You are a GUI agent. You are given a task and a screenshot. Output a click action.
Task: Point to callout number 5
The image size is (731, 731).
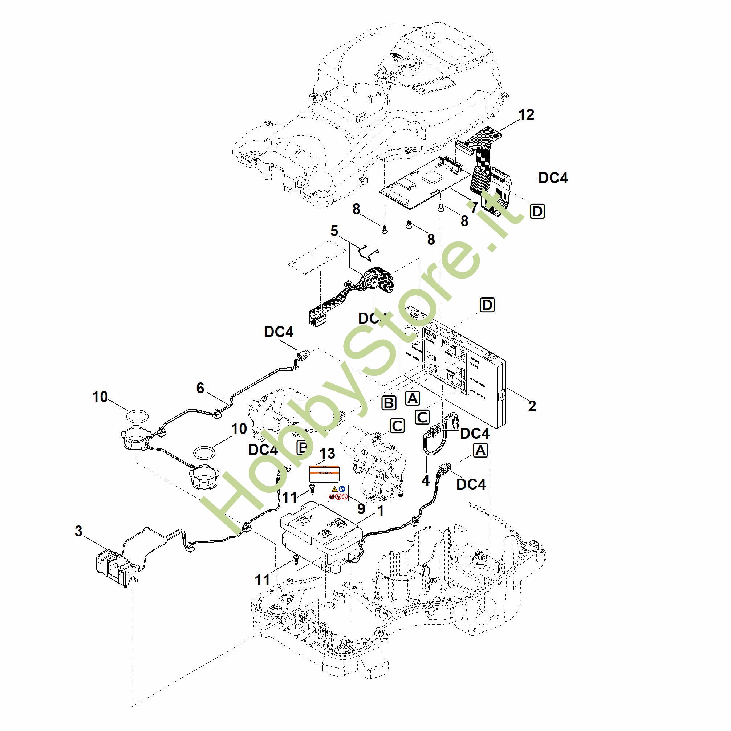(334, 231)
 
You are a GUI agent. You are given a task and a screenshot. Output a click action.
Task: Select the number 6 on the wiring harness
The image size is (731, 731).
(200, 388)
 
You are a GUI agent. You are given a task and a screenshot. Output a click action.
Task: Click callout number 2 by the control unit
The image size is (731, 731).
(532, 406)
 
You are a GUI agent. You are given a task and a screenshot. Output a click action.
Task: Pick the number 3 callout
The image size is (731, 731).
(78, 531)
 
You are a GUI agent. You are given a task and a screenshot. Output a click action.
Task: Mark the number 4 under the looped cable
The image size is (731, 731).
(426, 480)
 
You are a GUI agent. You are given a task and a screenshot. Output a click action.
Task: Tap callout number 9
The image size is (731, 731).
(361, 509)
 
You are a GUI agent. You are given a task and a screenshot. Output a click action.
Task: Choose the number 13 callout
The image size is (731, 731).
(327, 453)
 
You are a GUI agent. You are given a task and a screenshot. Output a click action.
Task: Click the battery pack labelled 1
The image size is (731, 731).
(322, 537)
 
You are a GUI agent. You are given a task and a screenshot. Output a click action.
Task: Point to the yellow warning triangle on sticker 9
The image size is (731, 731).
(334, 490)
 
